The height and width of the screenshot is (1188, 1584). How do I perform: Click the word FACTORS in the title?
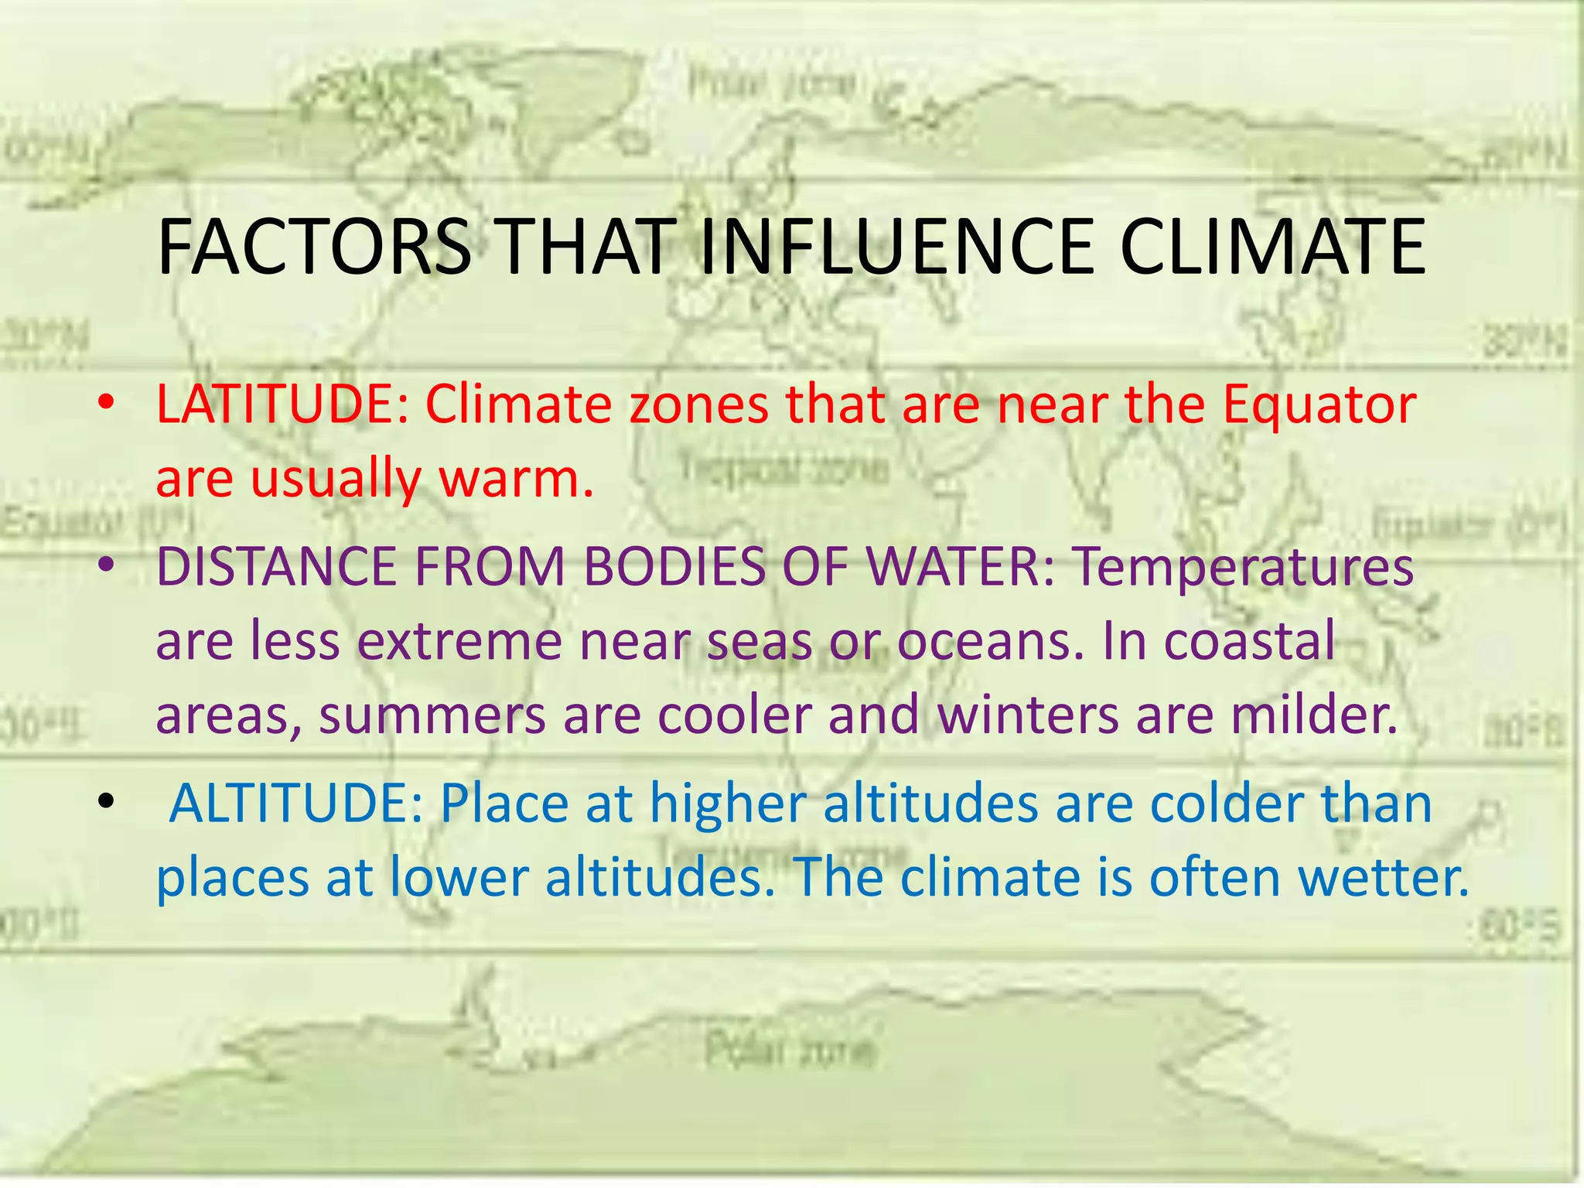313,247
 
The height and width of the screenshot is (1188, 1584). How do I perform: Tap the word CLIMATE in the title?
1272,247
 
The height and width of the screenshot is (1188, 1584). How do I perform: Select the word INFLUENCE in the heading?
897,247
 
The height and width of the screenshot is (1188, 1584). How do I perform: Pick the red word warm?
516,480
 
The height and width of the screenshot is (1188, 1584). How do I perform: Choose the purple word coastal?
1249,640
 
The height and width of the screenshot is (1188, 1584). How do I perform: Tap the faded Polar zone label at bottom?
790,1050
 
